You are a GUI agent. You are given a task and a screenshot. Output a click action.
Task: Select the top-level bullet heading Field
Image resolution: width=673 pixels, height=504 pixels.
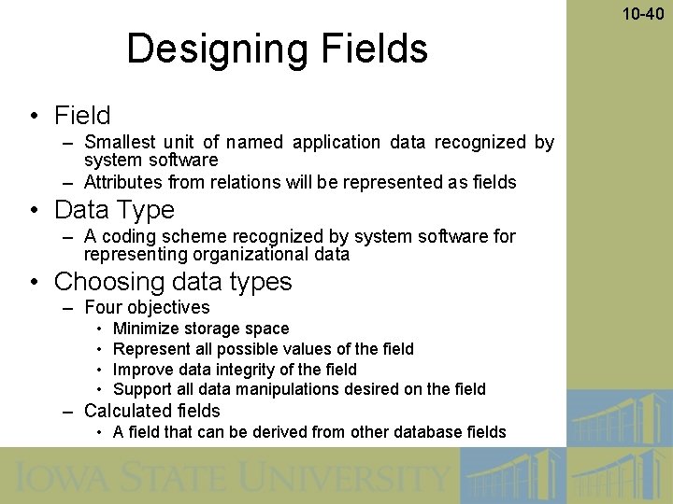[82, 116]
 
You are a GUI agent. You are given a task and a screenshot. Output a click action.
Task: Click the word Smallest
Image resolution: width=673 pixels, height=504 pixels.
[119, 143]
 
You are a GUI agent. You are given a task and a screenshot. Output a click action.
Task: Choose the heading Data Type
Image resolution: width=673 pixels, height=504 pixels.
[114, 210]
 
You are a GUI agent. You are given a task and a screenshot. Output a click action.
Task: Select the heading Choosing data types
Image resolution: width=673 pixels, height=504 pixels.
[173, 282]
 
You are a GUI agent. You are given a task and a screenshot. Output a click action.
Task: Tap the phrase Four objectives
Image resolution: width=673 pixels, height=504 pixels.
[147, 307]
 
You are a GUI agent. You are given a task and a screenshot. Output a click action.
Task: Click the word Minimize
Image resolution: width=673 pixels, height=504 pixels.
[146, 329]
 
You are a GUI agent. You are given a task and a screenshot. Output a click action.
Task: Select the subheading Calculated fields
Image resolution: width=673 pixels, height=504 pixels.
[152, 411]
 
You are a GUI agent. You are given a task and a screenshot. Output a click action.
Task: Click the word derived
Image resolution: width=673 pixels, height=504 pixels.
[299, 431]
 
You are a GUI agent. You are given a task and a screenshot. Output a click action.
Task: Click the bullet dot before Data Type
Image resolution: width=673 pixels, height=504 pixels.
[34, 211]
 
